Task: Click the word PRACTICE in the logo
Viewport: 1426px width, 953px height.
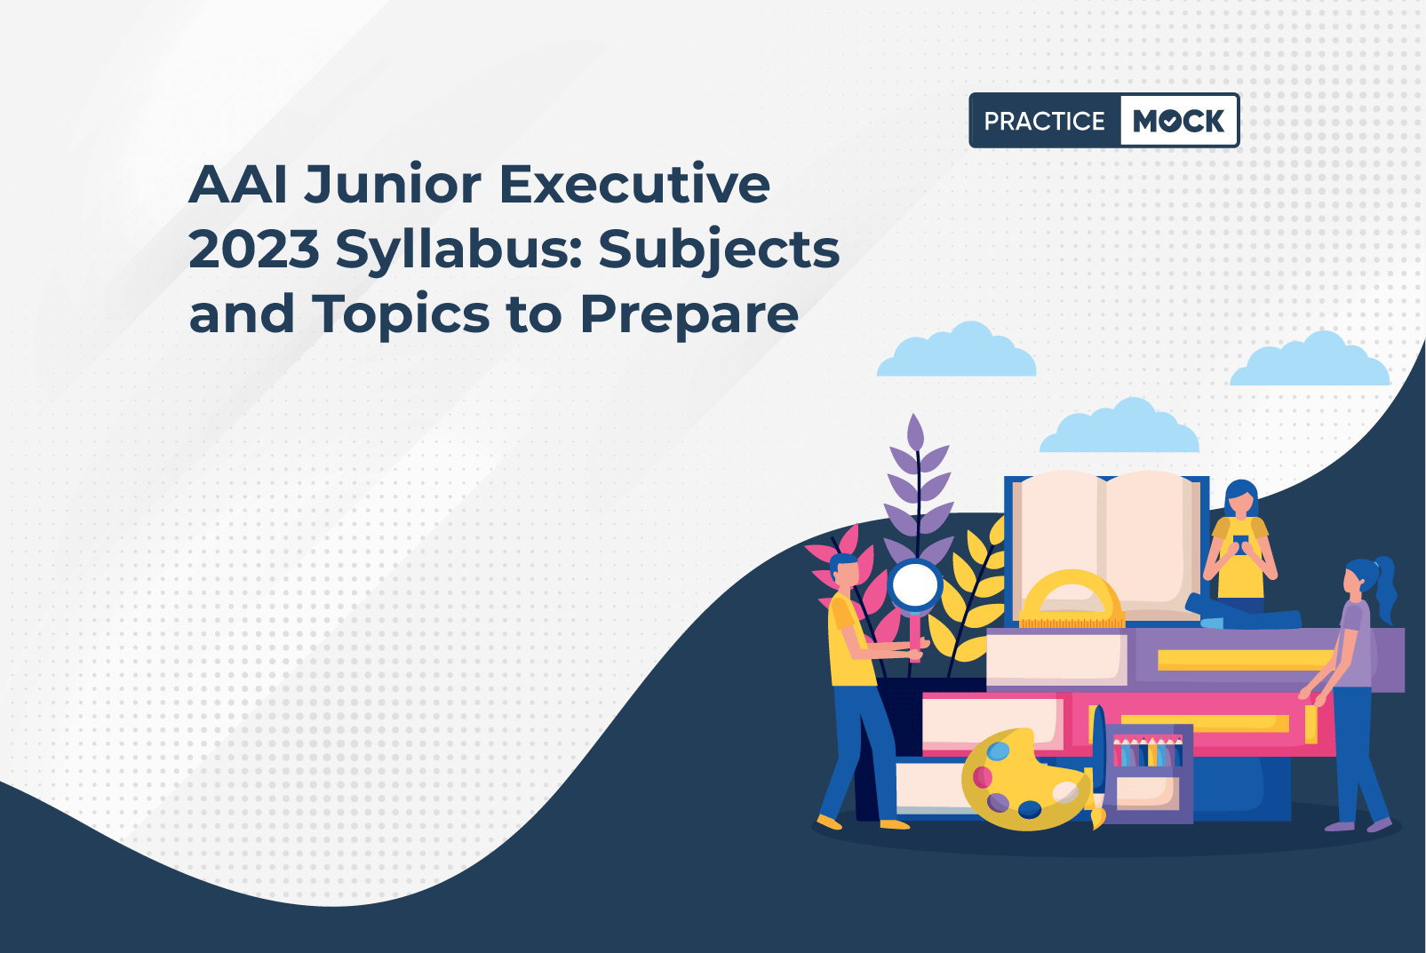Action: tap(1044, 121)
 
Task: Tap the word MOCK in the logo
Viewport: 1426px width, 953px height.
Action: tap(1178, 121)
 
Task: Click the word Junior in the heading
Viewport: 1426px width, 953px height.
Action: tap(392, 186)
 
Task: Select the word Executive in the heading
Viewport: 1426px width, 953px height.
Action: tap(634, 185)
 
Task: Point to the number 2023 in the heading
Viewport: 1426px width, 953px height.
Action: tap(254, 250)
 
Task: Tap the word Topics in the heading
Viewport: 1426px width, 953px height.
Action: tap(401, 315)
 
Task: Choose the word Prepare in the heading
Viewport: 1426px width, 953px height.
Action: tap(689, 316)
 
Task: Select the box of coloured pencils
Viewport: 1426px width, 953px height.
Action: tap(1149, 773)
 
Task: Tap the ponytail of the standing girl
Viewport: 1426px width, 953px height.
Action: tap(1385, 589)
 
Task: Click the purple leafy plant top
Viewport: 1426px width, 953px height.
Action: tap(918, 490)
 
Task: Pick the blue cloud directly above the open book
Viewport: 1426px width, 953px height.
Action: tap(1119, 427)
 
